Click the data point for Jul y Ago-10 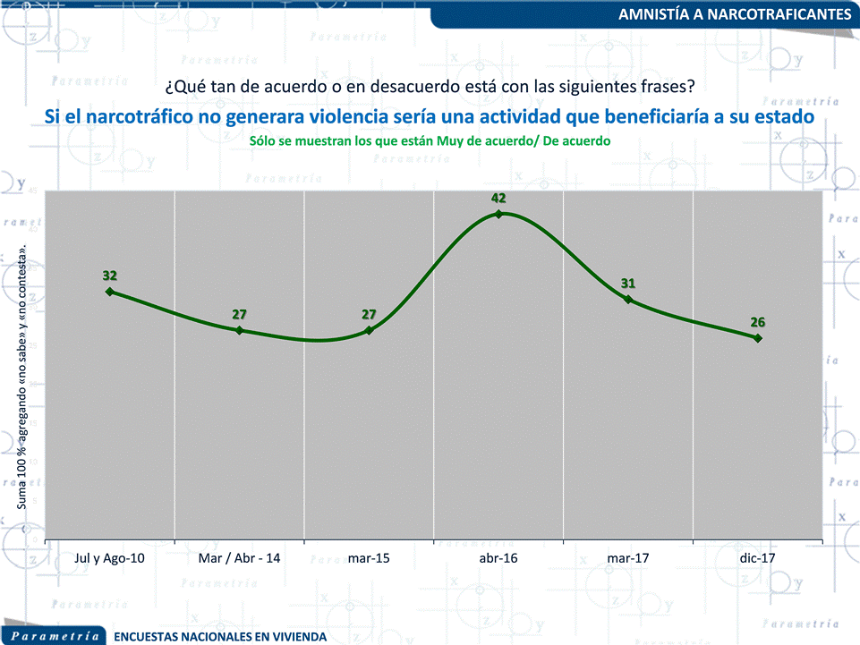pos(109,291)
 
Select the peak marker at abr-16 pos(499,214)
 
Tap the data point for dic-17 pos(758,337)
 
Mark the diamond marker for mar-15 pos(370,330)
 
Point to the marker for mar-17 pos(628,299)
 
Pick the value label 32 pos(110,275)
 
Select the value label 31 pos(628,284)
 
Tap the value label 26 pos(758,322)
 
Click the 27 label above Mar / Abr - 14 pos(239,314)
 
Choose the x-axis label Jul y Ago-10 pos(109,558)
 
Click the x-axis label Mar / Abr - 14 pos(239,558)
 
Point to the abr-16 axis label pos(498,558)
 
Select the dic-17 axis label pos(758,558)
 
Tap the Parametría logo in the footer pos(55,636)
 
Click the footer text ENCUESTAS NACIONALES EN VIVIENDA pos(220,637)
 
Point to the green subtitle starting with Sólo pos(430,141)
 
